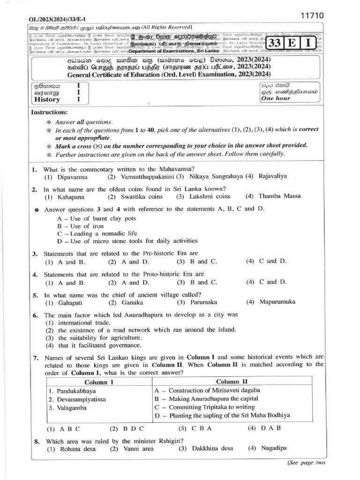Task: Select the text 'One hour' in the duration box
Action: (x=276, y=98)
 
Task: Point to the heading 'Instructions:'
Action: (x=49, y=112)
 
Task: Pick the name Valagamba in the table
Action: (x=71, y=408)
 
